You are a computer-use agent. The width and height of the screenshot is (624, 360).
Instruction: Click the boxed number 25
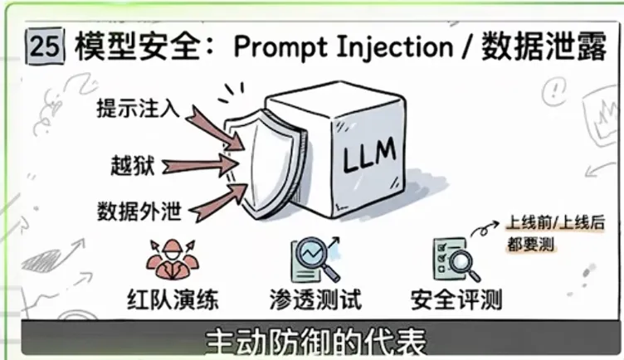click(x=43, y=46)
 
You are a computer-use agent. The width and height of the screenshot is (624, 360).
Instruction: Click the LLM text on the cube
click(x=364, y=153)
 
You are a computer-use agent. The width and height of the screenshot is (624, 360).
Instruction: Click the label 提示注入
click(x=137, y=108)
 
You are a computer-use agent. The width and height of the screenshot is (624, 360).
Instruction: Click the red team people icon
click(x=172, y=256)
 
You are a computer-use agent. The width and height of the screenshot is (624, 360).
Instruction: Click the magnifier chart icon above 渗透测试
click(x=316, y=258)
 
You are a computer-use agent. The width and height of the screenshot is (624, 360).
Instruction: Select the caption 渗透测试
click(x=316, y=297)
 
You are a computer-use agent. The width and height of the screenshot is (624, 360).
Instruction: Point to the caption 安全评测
click(x=456, y=297)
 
